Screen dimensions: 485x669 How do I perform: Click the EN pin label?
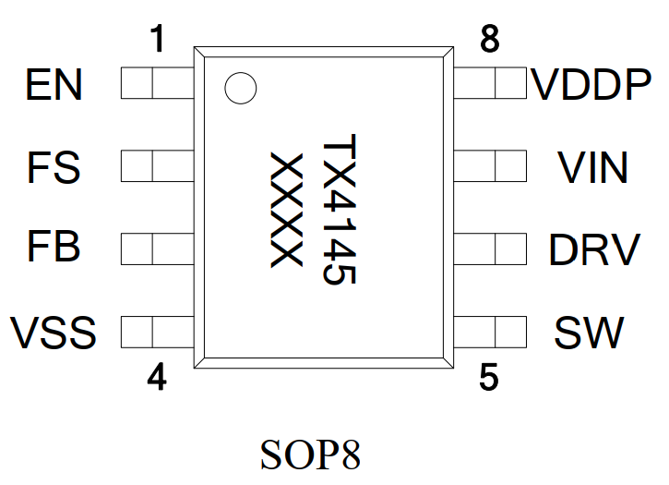(54, 86)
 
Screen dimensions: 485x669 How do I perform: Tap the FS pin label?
(54, 168)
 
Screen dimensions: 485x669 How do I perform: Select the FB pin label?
(54, 249)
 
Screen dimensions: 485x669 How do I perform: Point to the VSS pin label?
(54, 332)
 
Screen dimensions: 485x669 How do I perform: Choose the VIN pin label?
(592, 168)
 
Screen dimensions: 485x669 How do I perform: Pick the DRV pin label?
(593, 249)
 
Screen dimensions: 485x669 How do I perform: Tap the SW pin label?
(589, 332)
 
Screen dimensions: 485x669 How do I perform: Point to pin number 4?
(158, 378)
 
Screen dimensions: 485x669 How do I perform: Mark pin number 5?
(489, 378)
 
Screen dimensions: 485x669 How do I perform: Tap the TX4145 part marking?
(338, 212)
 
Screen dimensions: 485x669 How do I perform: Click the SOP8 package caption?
(310, 455)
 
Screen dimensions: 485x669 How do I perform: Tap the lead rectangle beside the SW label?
(489, 331)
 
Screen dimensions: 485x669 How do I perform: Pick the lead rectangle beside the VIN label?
(489, 167)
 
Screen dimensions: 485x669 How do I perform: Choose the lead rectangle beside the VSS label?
(157, 331)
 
